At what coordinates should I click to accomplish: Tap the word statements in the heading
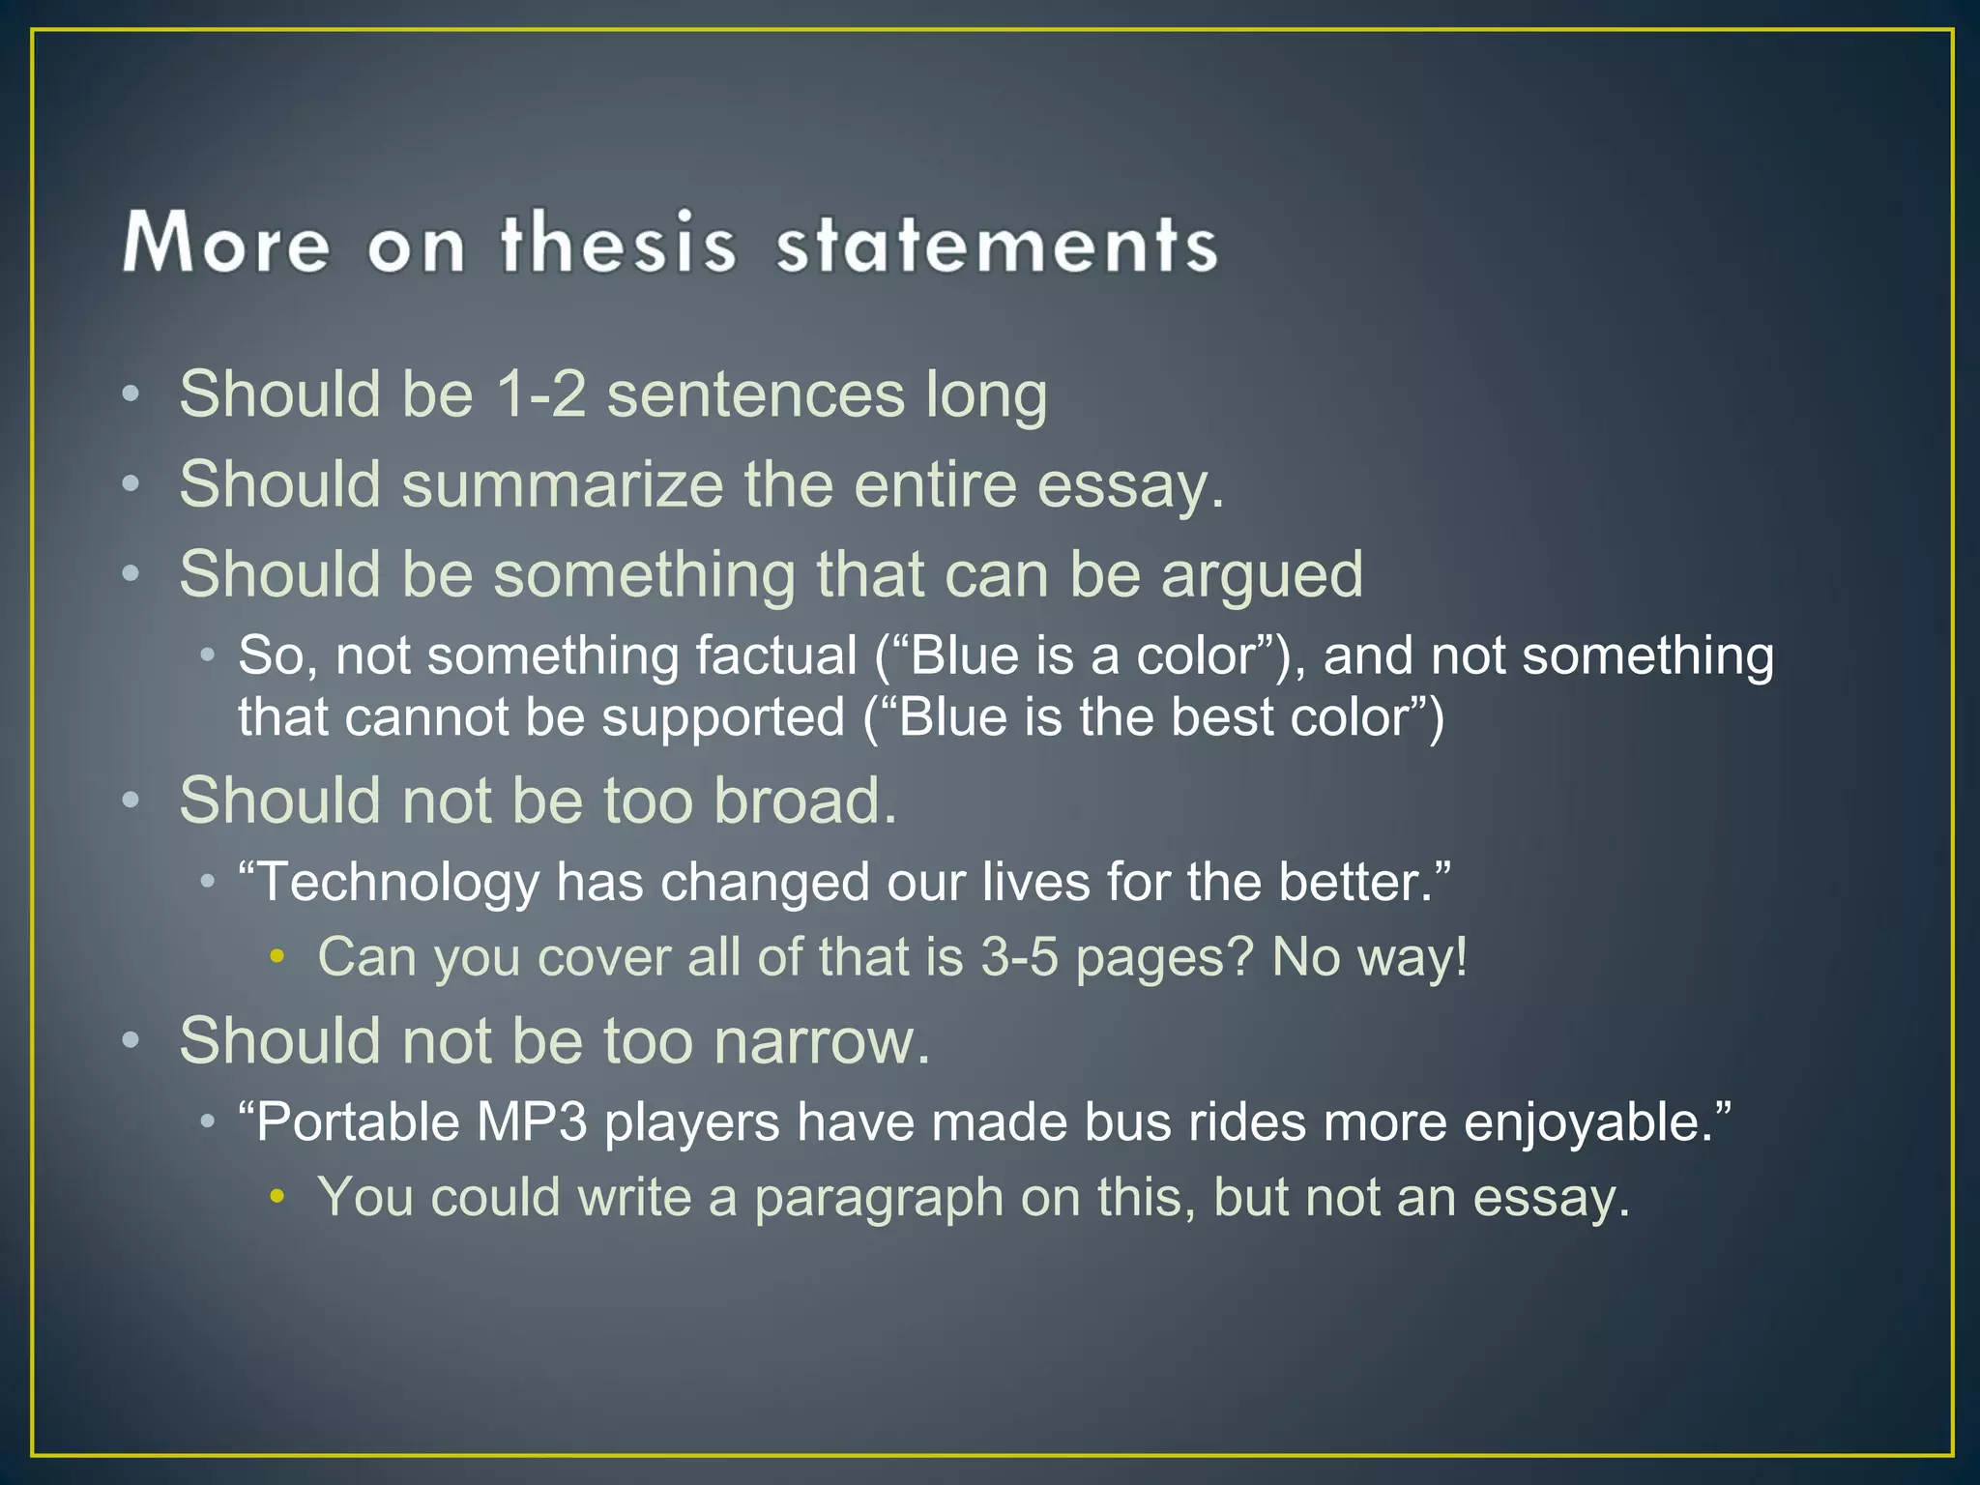[997, 244]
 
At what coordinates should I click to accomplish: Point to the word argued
[1262, 575]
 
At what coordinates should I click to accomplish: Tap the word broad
[805, 801]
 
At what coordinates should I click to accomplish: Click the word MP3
[531, 1122]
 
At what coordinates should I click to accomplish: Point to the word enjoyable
[1595, 1122]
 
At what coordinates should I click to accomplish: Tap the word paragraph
[879, 1197]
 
